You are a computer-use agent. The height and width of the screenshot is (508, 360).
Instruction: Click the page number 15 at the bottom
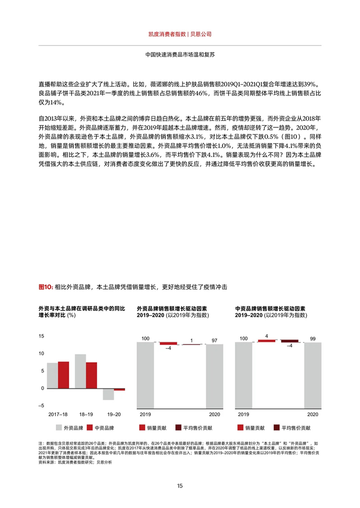click(180, 486)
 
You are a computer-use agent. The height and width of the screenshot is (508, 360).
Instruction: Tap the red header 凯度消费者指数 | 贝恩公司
click(180, 34)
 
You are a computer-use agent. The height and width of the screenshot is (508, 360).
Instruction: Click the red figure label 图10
click(46, 286)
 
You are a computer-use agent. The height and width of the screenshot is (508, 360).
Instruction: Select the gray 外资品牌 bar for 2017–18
click(52, 375)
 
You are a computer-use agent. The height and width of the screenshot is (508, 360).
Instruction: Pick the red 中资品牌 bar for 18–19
click(91, 375)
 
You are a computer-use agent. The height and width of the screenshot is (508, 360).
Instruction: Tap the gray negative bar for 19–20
click(108, 394)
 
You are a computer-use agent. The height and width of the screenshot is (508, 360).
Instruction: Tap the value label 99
click(313, 339)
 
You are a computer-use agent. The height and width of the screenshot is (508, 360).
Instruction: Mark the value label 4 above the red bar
click(266, 336)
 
